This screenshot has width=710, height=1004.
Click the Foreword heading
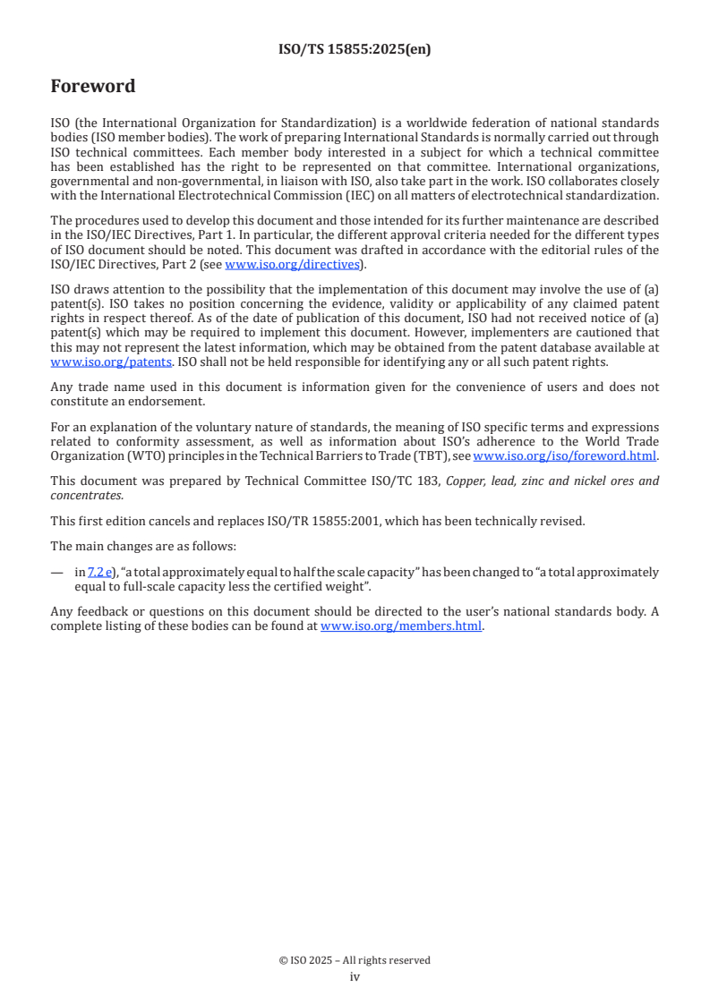92,87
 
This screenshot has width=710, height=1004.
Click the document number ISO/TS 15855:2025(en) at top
355,50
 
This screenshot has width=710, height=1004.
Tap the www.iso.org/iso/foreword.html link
564,455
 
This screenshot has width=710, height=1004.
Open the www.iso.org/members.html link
401,626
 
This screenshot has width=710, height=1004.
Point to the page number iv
355,976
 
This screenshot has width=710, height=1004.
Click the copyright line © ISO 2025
355,960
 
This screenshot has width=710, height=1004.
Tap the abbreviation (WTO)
135,455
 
